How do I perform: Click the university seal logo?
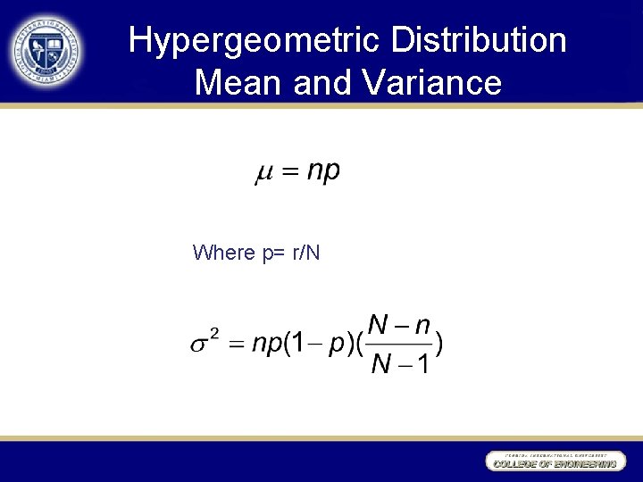(x=47, y=51)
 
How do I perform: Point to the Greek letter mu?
(x=264, y=173)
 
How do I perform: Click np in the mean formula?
(x=323, y=171)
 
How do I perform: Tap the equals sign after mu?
(x=290, y=173)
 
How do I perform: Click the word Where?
(x=224, y=253)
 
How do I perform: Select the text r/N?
(x=304, y=253)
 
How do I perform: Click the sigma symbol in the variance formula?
(x=199, y=345)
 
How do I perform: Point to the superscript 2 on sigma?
(x=214, y=333)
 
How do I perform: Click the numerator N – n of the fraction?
(x=399, y=326)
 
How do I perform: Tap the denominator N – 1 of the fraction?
(x=399, y=364)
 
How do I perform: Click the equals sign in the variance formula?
(x=237, y=345)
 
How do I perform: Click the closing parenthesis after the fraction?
(x=439, y=345)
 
